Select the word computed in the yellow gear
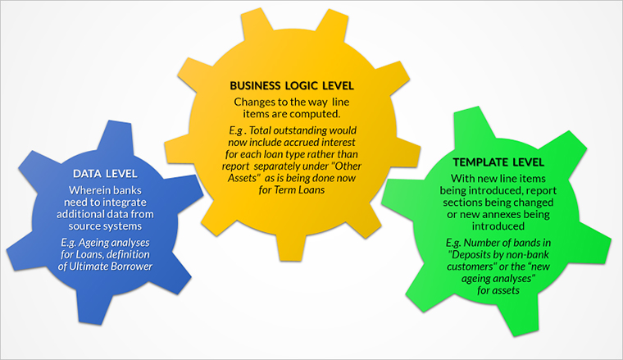312,113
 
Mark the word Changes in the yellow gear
257,102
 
